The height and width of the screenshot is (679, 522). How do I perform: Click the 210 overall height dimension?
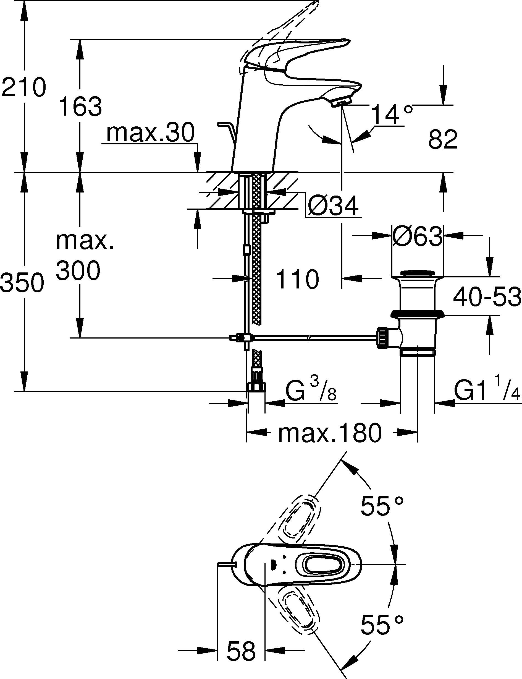tap(23, 87)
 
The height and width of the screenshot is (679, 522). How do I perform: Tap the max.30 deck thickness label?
tap(150, 133)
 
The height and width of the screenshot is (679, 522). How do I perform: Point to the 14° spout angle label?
tap(392, 115)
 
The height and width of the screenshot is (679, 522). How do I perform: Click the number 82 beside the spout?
tap(443, 140)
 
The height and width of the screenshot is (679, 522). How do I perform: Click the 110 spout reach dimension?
tap(297, 279)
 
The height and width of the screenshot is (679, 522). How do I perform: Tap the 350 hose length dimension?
tap(22, 282)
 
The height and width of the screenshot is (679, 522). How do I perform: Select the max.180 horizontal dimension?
tap(329, 433)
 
